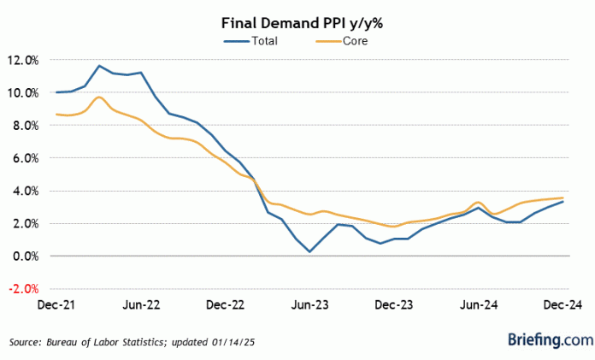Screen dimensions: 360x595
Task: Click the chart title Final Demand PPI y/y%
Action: (x=297, y=23)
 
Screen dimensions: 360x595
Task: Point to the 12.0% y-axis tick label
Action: (x=23, y=60)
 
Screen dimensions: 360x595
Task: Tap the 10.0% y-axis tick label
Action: (x=23, y=92)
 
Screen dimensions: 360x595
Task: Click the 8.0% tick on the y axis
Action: (x=26, y=125)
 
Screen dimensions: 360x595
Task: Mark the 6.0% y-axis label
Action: (x=26, y=158)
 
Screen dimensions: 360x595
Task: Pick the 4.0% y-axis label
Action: (x=26, y=191)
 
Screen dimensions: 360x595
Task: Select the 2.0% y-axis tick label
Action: (x=26, y=223)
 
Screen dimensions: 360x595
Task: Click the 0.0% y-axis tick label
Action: (x=26, y=256)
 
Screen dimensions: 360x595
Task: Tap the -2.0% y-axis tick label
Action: (x=24, y=288)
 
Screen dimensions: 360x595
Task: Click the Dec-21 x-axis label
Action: (x=56, y=304)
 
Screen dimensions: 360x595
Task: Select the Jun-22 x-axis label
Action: (x=141, y=304)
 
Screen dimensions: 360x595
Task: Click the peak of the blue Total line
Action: (x=99, y=66)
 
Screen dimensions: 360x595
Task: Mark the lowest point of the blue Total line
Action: (x=309, y=251)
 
